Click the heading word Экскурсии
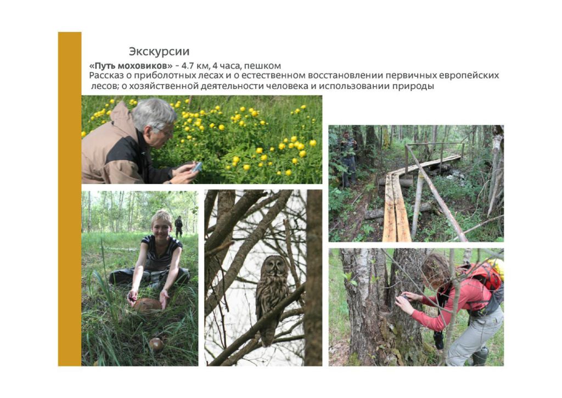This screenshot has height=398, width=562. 159,51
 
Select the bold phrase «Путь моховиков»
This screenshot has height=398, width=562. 131,66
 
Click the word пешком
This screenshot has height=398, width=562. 262,66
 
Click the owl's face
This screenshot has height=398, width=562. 274,265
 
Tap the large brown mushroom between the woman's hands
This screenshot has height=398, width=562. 148,305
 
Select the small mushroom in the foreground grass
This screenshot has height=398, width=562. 156,344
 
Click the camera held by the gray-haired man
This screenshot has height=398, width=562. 197,167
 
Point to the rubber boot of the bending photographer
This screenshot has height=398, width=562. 480,356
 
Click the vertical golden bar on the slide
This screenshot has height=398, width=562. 70,199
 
